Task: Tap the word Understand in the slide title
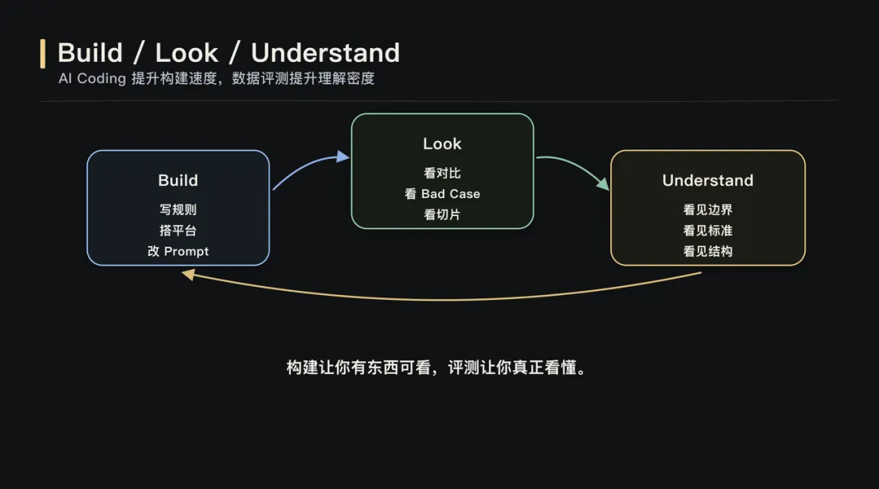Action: (326, 53)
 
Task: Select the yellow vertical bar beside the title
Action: (43, 53)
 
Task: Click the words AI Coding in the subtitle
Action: (92, 79)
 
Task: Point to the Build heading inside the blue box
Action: (177, 180)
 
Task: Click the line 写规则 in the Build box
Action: (177, 209)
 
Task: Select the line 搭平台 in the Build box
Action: (177, 231)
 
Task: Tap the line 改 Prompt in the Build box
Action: (177, 251)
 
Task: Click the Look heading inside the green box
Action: (442, 143)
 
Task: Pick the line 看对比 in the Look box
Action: (442, 173)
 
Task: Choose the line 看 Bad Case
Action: (442, 194)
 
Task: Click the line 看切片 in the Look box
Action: (442, 214)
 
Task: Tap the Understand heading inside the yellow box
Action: (707, 180)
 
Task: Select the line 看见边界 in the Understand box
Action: (707, 209)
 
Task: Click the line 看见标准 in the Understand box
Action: (707, 231)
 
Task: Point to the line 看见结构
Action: (707, 251)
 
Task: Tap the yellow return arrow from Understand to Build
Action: (439, 298)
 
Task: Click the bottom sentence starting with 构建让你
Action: (436, 368)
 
